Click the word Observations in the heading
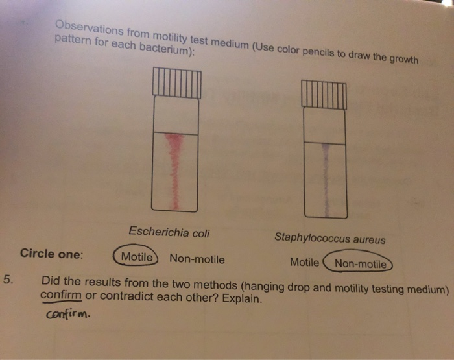85,28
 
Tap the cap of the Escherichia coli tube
176,83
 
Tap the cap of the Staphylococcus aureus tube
325,95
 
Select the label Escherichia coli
169,232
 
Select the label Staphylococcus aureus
329,239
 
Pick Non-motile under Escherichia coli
197,259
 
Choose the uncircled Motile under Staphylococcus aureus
304,263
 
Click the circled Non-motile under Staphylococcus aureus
361,264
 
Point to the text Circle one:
51,254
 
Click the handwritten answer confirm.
68,317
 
